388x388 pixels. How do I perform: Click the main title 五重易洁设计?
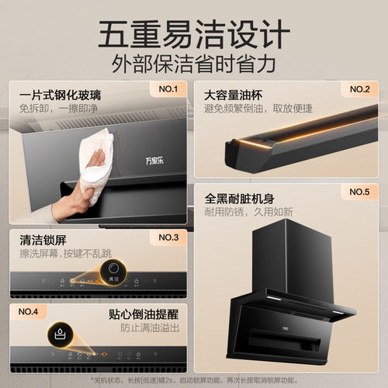click(194, 33)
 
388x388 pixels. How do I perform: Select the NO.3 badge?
click(168, 237)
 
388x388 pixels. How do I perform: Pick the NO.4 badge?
click(29, 311)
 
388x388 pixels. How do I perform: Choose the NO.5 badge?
click(359, 192)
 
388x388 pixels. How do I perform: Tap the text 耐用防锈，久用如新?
click(248, 211)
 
